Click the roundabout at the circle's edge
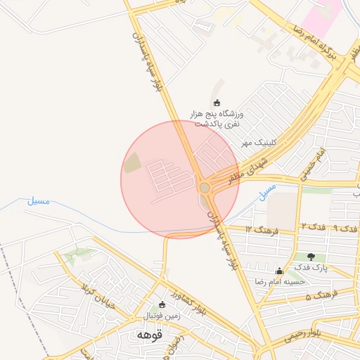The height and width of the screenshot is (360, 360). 205,188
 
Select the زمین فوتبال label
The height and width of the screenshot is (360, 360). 162,316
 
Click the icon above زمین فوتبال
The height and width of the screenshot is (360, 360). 162,305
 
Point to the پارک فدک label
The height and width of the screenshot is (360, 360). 310,267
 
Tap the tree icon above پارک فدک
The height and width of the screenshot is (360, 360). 310,257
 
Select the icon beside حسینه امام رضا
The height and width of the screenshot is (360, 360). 279,271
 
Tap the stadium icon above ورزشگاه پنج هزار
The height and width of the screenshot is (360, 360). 216,103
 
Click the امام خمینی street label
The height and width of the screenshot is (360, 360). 314,165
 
